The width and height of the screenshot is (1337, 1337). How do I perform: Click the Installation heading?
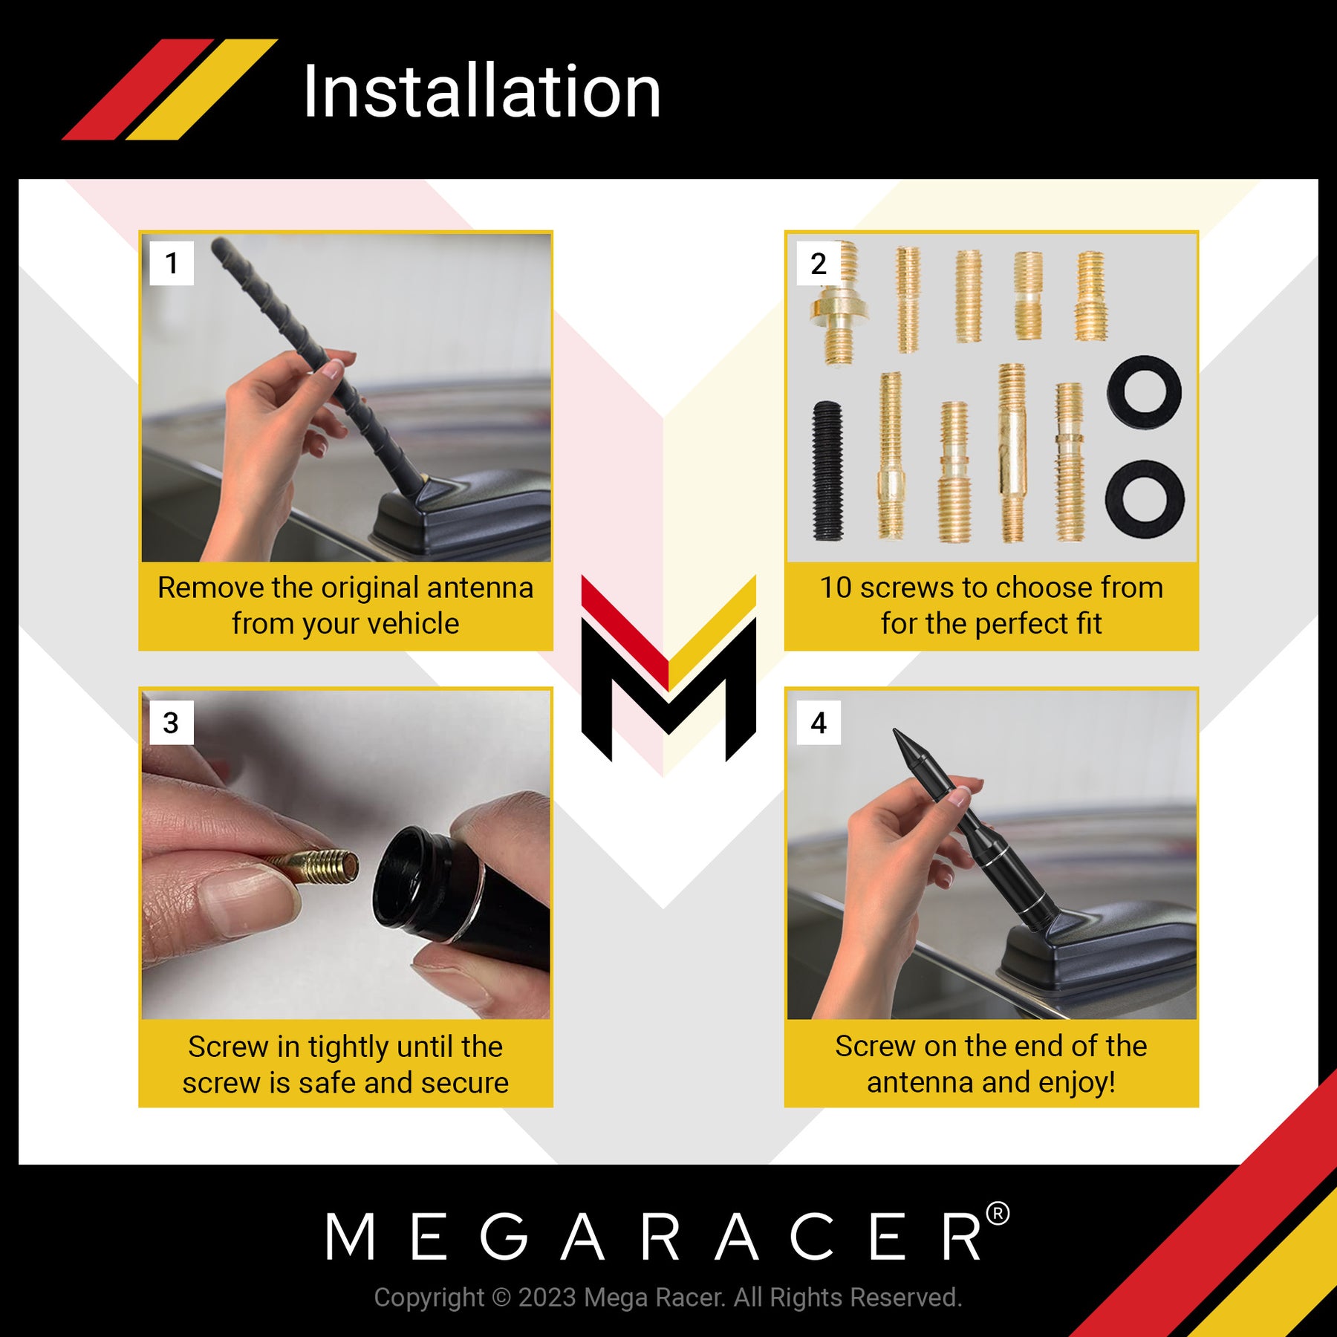tap(482, 91)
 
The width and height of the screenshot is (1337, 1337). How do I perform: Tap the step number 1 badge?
tap(172, 263)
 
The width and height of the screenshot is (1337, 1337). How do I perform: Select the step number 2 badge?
tap(819, 263)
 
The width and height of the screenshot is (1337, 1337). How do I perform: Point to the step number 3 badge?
tap(172, 723)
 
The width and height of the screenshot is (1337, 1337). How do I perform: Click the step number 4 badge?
tap(819, 723)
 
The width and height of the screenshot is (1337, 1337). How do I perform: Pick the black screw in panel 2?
tap(827, 470)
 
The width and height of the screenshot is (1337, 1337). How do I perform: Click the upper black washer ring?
tap(1144, 392)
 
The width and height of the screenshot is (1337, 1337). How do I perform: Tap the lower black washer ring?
tap(1145, 498)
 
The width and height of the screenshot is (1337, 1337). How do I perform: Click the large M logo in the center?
tap(668, 668)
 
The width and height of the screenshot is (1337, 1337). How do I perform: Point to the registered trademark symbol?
tap(998, 1214)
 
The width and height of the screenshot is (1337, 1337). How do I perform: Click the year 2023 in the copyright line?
tap(547, 1298)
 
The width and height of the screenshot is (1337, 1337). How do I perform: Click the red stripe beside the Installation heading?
tap(138, 89)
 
